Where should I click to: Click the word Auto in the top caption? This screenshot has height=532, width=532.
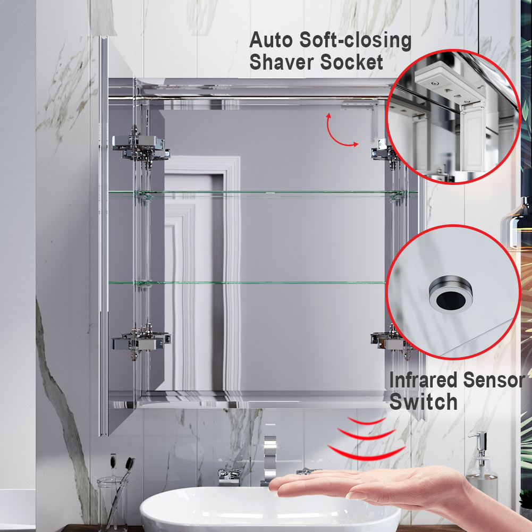click(x=271, y=40)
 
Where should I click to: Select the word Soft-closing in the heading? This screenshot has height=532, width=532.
click(x=356, y=41)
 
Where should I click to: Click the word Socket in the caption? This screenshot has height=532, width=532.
click(x=351, y=62)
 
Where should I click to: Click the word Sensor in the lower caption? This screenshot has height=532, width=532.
click(x=494, y=380)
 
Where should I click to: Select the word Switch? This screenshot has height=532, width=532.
click(x=423, y=402)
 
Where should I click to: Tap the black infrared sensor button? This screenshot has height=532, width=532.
click(x=451, y=299)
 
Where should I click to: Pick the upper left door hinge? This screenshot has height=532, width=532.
click(x=141, y=147)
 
